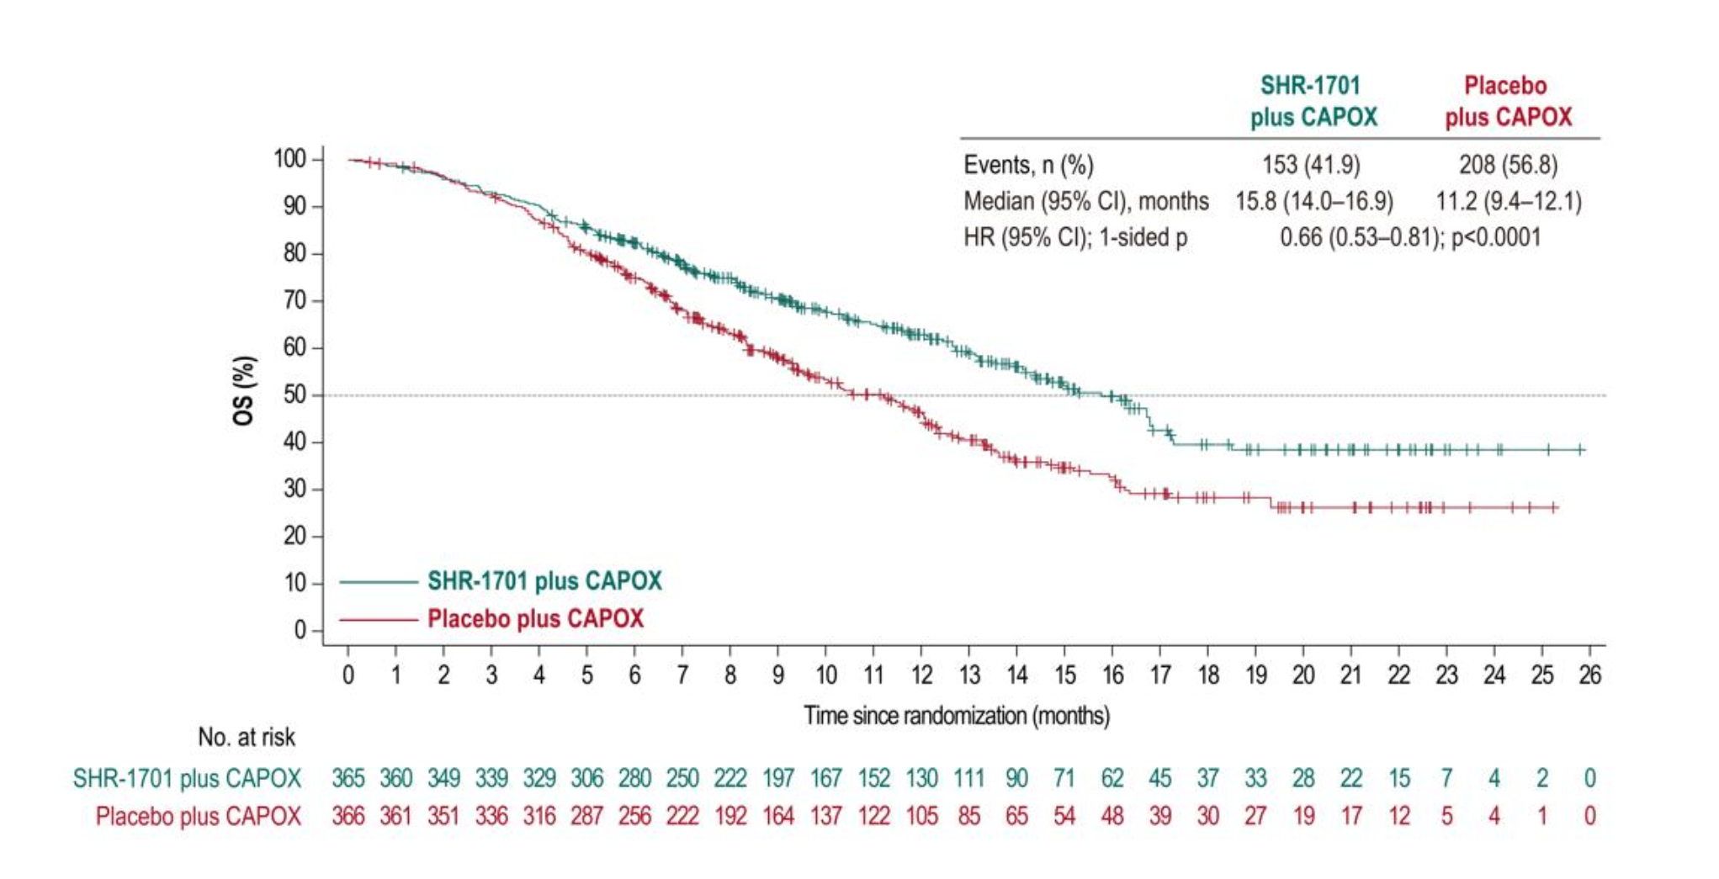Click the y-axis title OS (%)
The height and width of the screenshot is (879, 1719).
(x=244, y=391)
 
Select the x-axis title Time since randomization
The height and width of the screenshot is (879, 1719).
(x=956, y=716)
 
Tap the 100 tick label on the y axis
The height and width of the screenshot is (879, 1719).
(x=289, y=159)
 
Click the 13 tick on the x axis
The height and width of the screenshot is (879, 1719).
(x=969, y=675)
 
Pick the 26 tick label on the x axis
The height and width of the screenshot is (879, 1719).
(x=1589, y=675)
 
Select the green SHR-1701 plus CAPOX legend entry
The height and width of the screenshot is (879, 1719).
(x=544, y=581)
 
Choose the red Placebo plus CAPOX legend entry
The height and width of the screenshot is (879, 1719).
(x=535, y=619)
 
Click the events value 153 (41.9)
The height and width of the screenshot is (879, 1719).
(x=1310, y=165)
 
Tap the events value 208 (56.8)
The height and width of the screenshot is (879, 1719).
(x=1508, y=165)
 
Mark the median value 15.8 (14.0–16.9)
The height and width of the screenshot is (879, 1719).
(x=1313, y=202)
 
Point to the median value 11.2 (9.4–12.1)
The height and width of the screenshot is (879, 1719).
(x=1508, y=202)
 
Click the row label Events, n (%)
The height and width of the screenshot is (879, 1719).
(x=1028, y=165)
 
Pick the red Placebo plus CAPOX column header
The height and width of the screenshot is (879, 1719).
(x=1508, y=101)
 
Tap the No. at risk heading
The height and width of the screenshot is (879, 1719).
(x=247, y=738)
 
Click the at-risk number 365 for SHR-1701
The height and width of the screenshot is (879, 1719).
(x=348, y=778)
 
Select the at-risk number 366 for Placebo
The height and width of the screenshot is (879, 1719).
(x=348, y=816)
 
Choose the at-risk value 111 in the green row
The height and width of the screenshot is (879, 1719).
(x=969, y=778)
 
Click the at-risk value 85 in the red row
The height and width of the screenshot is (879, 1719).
(x=969, y=816)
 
